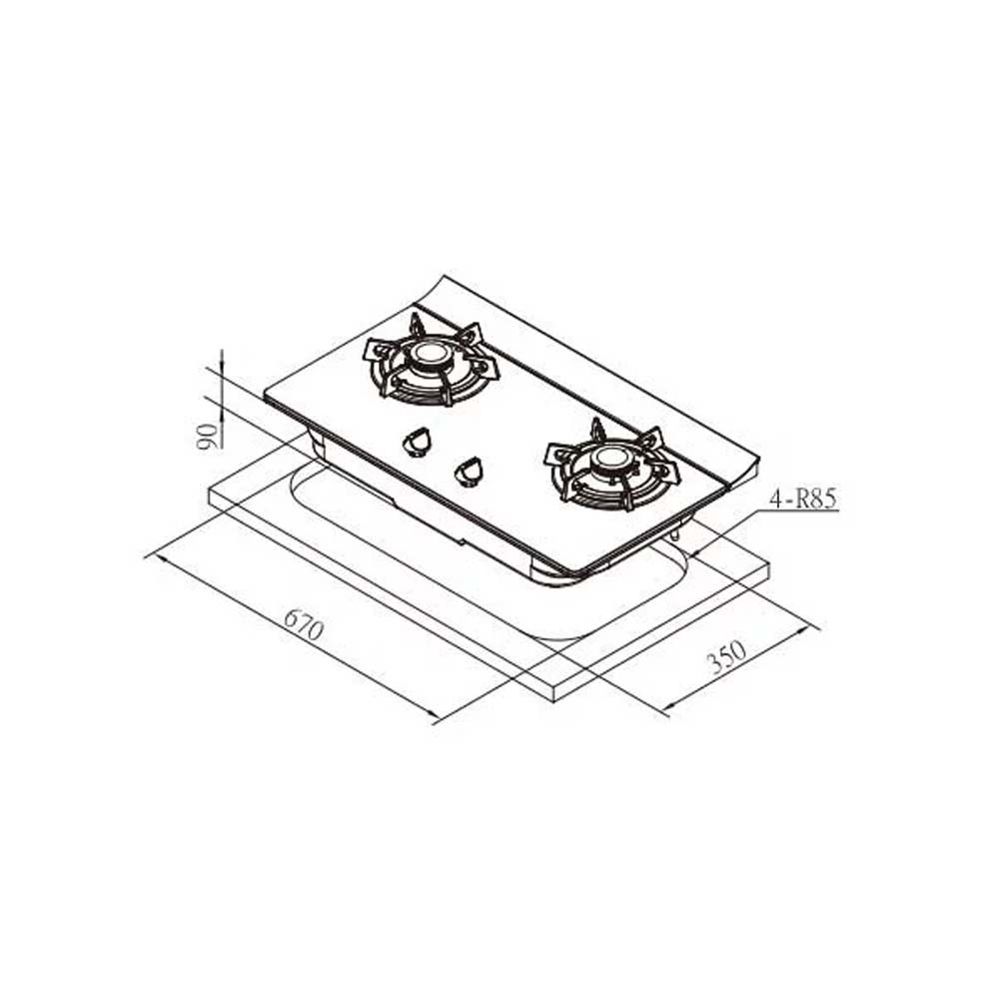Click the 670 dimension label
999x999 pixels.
304,624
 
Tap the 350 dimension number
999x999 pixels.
726,657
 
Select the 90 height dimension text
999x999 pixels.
207,437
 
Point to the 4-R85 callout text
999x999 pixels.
803,499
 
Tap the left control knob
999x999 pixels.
417,442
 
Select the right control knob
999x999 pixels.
469,471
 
